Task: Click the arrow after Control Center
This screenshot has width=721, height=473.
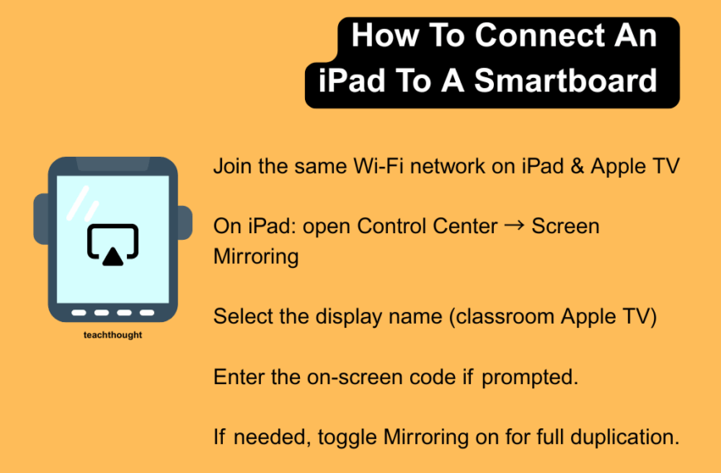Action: (x=514, y=226)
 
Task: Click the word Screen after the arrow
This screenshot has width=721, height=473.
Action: (x=565, y=226)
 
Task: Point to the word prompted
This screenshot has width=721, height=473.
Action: (x=529, y=378)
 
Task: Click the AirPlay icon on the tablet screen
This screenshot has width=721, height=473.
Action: (x=113, y=245)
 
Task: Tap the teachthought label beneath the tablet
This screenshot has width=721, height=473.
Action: (x=113, y=335)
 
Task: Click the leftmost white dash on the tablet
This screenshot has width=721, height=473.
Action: (x=80, y=313)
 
